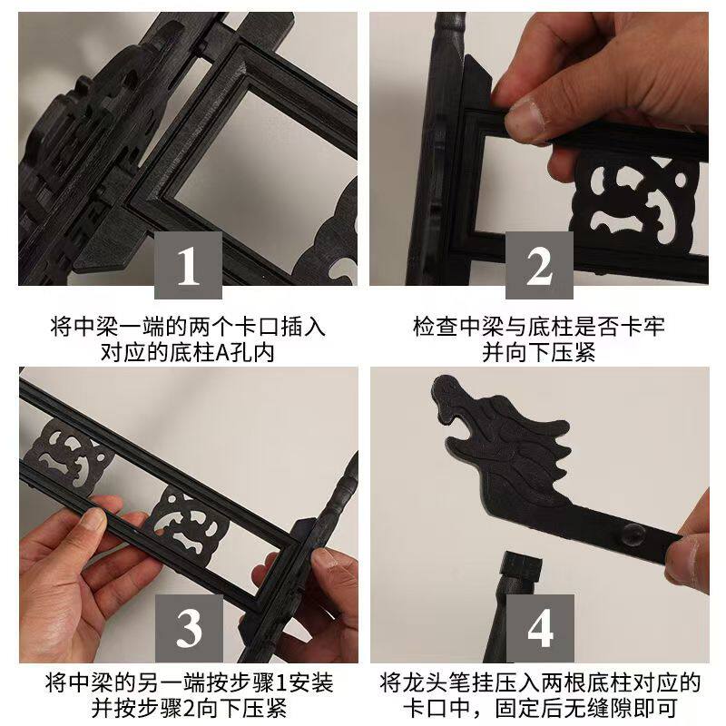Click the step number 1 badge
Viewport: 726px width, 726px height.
(x=188, y=265)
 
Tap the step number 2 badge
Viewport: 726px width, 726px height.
(x=539, y=265)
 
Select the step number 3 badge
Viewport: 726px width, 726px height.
(x=189, y=628)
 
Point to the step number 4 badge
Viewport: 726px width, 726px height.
(x=540, y=628)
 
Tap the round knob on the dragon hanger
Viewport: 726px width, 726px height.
(x=632, y=534)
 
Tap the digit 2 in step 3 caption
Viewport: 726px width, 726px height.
(x=188, y=708)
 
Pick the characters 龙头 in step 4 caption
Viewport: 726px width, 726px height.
(x=426, y=683)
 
